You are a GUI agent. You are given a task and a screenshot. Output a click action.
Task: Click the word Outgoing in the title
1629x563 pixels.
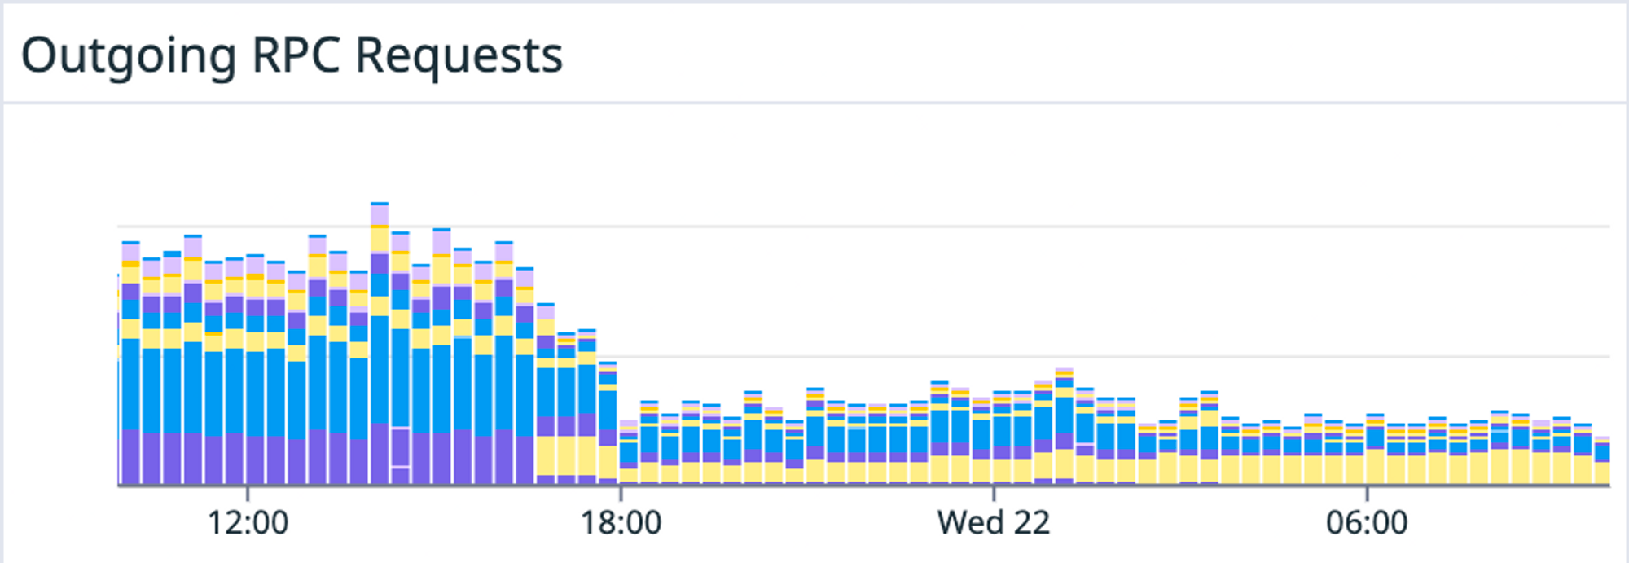click(129, 57)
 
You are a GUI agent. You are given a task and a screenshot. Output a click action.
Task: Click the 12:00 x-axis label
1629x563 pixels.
click(248, 523)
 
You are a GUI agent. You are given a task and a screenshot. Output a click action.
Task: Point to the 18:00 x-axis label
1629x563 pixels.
click(621, 523)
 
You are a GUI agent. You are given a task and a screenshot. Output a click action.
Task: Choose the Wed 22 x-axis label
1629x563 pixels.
click(994, 523)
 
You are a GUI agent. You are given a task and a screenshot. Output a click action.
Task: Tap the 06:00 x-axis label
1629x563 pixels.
click(1367, 523)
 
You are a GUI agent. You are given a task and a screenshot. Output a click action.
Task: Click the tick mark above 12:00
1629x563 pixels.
click(248, 494)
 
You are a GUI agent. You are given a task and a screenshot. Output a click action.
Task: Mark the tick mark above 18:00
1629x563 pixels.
click(621, 494)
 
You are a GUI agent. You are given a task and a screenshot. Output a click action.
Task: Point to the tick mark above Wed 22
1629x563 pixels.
click(994, 494)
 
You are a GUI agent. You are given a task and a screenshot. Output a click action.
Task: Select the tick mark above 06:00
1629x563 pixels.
click(1367, 494)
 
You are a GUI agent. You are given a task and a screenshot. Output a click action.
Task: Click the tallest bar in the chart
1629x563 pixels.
click(380, 342)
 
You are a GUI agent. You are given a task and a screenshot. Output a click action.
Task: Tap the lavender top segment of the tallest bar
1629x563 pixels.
click(380, 215)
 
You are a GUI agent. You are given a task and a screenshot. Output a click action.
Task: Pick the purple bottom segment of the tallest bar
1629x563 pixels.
click(380, 454)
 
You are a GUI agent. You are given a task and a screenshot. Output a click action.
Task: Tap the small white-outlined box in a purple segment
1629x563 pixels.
click(399, 446)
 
